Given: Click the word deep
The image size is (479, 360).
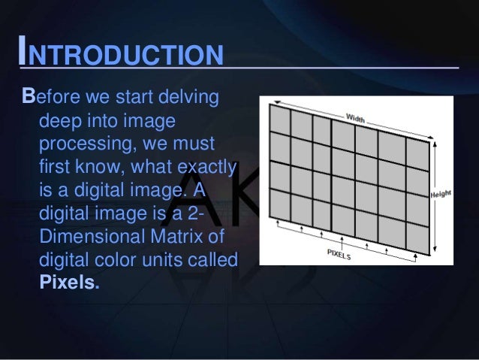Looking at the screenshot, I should (61, 120).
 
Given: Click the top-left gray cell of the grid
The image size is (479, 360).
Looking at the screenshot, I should (279, 119).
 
